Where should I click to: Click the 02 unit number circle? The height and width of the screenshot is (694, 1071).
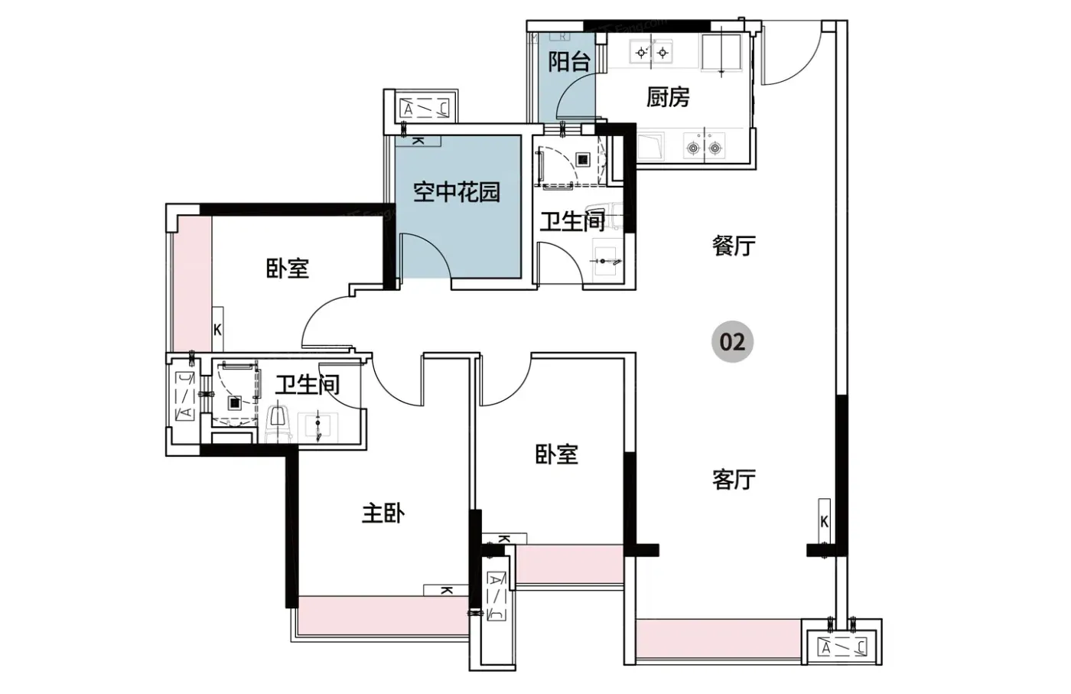tap(732, 341)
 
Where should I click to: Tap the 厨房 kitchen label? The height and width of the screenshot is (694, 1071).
tap(668, 97)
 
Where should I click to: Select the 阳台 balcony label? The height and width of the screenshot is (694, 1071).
tap(569, 62)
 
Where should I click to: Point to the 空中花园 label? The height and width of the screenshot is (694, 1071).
tap(457, 192)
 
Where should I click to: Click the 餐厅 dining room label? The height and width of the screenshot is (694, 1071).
tap(734, 246)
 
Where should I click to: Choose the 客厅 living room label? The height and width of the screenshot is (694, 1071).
tap(734, 479)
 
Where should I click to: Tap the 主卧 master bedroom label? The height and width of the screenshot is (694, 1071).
tap(383, 514)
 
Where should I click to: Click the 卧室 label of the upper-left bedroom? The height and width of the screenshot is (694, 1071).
tap(288, 269)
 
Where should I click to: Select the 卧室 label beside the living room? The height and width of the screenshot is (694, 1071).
tap(557, 454)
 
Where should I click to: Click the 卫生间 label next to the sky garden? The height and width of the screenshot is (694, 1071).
tap(572, 221)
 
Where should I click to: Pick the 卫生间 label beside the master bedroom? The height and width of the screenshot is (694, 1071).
tap(308, 385)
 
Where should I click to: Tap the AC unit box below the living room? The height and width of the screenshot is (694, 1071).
tap(842, 647)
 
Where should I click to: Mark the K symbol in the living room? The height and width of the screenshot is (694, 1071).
tap(825, 522)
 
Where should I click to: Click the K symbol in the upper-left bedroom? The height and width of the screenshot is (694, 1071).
tap(217, 330)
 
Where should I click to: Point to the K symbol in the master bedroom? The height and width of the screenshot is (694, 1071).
tap(446, 590)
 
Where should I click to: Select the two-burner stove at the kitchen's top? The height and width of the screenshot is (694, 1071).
tap(652, 52)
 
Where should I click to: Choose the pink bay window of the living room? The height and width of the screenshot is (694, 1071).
tap(718, 638)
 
